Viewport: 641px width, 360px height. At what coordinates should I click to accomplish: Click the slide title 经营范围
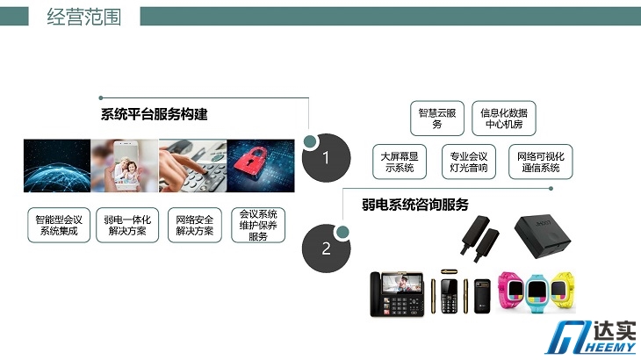point(83,18)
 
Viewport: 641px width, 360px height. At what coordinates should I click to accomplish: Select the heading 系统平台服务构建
point(155,114)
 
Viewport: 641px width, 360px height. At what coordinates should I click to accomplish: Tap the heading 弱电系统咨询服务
point(415,205)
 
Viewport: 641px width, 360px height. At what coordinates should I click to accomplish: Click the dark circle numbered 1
point(327,158)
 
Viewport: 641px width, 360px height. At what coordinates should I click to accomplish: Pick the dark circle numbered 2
point(327,248)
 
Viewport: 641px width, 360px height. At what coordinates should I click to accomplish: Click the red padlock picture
point(261,165)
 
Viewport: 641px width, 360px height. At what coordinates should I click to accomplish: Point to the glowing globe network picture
point(57,165)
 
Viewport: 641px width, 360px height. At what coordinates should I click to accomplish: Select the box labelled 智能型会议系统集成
point(59,225)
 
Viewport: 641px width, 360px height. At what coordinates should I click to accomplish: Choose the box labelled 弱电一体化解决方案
point(127,225)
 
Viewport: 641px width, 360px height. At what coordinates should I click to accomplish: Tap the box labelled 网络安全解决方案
point(195,225)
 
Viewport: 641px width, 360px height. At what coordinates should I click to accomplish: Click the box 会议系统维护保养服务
point(258,225)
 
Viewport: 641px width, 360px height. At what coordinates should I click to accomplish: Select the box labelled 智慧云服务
point(437,118)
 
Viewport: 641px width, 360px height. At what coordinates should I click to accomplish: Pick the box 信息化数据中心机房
point(504,118)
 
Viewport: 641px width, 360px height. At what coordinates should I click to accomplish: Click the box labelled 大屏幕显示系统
point(400,162)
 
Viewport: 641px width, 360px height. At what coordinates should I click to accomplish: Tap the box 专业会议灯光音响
point(469,162)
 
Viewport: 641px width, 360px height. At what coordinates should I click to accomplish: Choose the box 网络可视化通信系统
point(540,162)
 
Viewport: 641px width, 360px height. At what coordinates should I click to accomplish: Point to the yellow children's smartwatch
point(563,289)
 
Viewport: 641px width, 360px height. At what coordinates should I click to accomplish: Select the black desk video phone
point(397,294)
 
